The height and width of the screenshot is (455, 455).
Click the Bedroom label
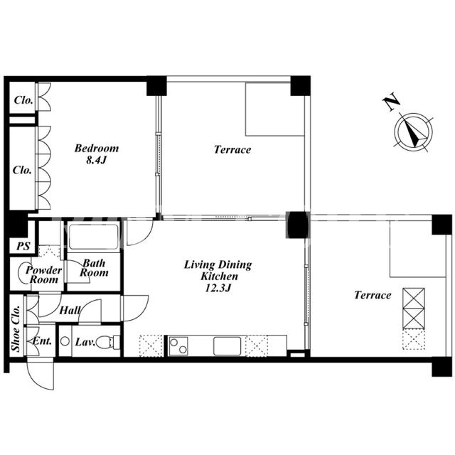(97, 149)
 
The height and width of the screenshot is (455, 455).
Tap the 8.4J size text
(97, 160)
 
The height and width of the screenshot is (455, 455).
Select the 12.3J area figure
(218, 288)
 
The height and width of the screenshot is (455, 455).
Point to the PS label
(23, 247)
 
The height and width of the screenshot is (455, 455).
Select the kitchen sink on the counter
(227, 346)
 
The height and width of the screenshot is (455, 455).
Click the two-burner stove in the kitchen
(178, 346)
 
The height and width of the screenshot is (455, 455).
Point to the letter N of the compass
(391, 102)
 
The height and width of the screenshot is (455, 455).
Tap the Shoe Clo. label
(16, 328)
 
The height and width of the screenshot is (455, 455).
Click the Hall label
(70, 311)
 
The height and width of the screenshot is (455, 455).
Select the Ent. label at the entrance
(42, 341)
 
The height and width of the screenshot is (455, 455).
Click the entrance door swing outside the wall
(41, 374)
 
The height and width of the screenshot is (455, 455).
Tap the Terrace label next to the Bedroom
(232, 150)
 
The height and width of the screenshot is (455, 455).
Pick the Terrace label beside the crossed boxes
(373, 295)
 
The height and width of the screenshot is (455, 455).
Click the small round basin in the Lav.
(65, 341)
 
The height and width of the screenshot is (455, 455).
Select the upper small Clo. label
(23, 100)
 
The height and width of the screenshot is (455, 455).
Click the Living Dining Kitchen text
(218, 270)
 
